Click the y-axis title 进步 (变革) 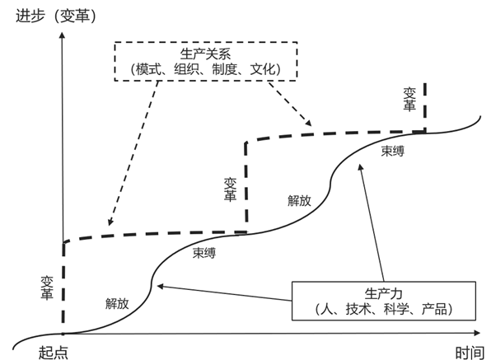(x=56, y=16)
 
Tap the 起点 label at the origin (x=54, y=353)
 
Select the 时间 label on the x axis (x=470, y=353)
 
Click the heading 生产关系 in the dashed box (x=205, y=54)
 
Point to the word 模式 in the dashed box (x=148, y=69)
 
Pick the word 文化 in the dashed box (x=263, y=69)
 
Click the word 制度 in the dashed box (x=225, y=69)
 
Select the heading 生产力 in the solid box (x=383, y=293)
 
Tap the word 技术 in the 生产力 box (x=358, y=309)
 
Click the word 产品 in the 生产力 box (x=434, y=309)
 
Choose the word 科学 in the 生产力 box (x=396, y=309)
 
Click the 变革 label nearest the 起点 (x=47, y=288)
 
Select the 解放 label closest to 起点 (x=117, y=303)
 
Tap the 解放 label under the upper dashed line (x=299, y=200)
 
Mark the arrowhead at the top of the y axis (x=63, y=34)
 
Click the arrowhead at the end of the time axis (x=477, y=333)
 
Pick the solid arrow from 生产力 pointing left (x=224, y=293)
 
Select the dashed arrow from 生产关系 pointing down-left (x=133, y=153)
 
